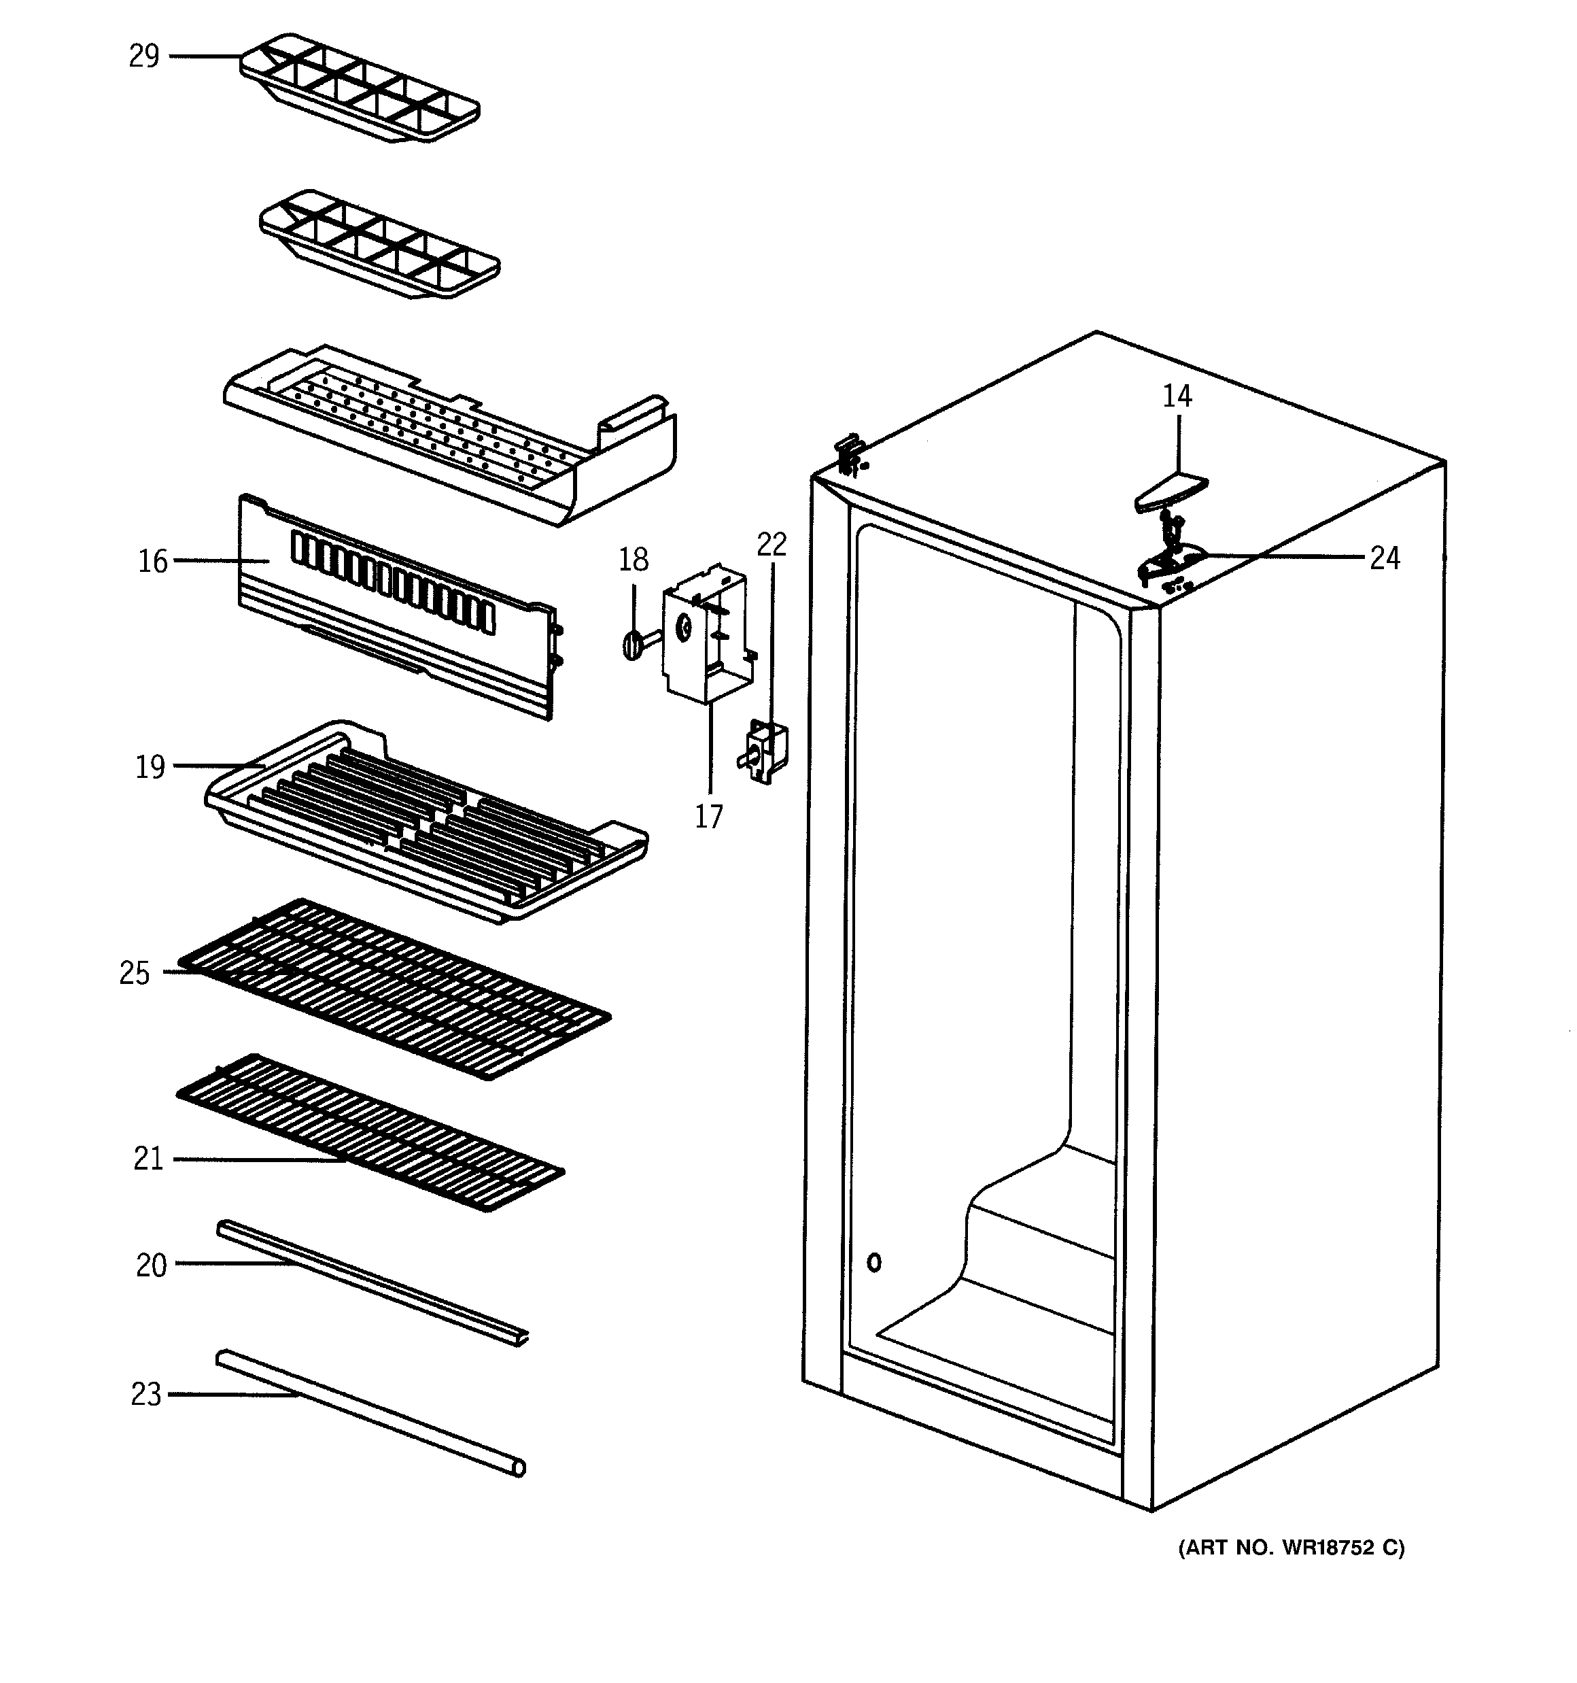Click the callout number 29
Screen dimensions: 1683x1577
144,56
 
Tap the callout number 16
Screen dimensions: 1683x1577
153,560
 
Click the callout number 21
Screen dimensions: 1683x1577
148,1158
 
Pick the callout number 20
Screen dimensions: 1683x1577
152,1265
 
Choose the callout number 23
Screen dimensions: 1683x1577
145,1393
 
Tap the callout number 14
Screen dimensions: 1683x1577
1177,395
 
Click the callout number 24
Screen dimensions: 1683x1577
1385,558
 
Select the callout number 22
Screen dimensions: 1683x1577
771,543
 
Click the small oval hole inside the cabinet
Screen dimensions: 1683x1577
874,1262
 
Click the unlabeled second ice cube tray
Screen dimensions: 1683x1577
379,243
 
